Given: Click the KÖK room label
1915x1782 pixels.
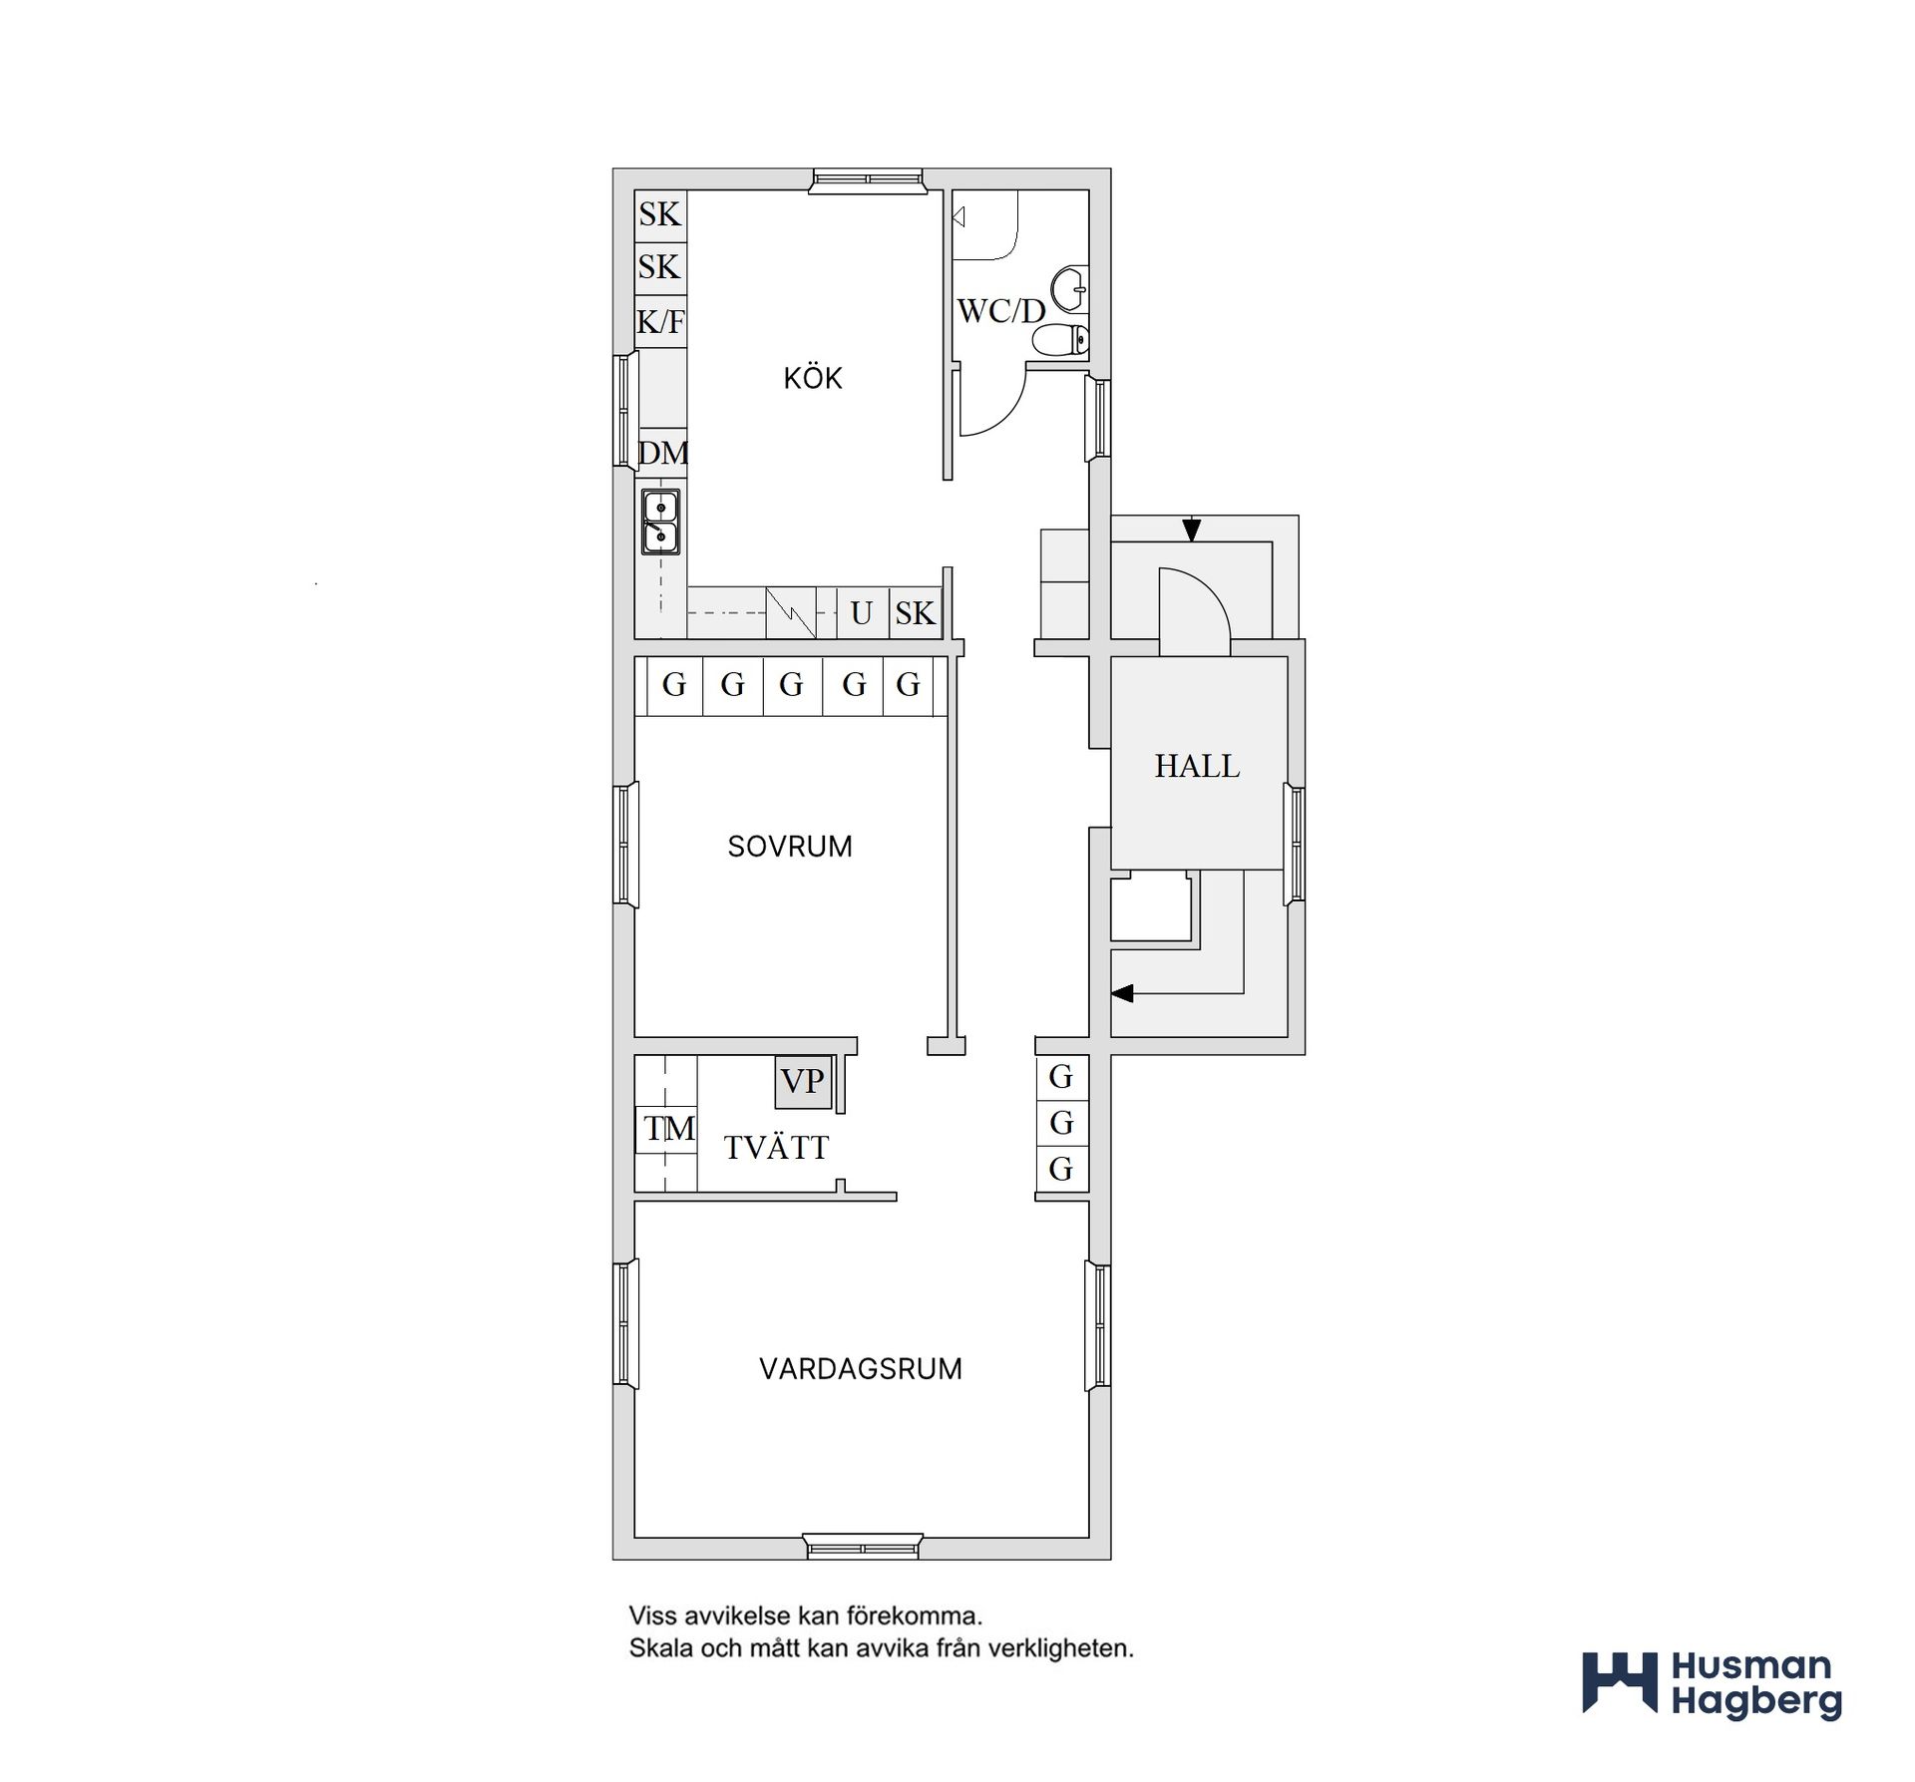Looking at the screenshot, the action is point(813,378).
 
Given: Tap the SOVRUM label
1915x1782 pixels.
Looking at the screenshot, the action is point(790,847).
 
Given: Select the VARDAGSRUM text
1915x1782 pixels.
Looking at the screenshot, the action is point(861,1368).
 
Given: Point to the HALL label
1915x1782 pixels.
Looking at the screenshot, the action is point(1197,766).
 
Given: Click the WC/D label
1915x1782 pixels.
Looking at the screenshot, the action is point(1001,311).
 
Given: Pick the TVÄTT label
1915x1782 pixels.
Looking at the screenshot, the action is point(776,1147).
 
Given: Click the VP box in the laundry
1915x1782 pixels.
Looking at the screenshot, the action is point(803,1082).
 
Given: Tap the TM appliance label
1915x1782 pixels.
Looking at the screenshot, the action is point(669,1129).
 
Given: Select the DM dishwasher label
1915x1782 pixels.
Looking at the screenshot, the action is point(663,454).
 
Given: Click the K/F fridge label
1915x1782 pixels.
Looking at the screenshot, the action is point(661,321).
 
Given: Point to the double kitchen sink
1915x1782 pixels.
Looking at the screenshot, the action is point(660,522).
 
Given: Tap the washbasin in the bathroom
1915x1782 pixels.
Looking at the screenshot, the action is point(1070,289).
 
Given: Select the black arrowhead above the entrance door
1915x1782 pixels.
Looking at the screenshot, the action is point(1191,530).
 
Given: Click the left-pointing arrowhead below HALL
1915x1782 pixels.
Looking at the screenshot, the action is point(1123,993).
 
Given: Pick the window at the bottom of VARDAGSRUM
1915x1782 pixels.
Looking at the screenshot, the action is point(862,1549).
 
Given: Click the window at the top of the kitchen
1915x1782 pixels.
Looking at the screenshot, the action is point(868,179).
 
